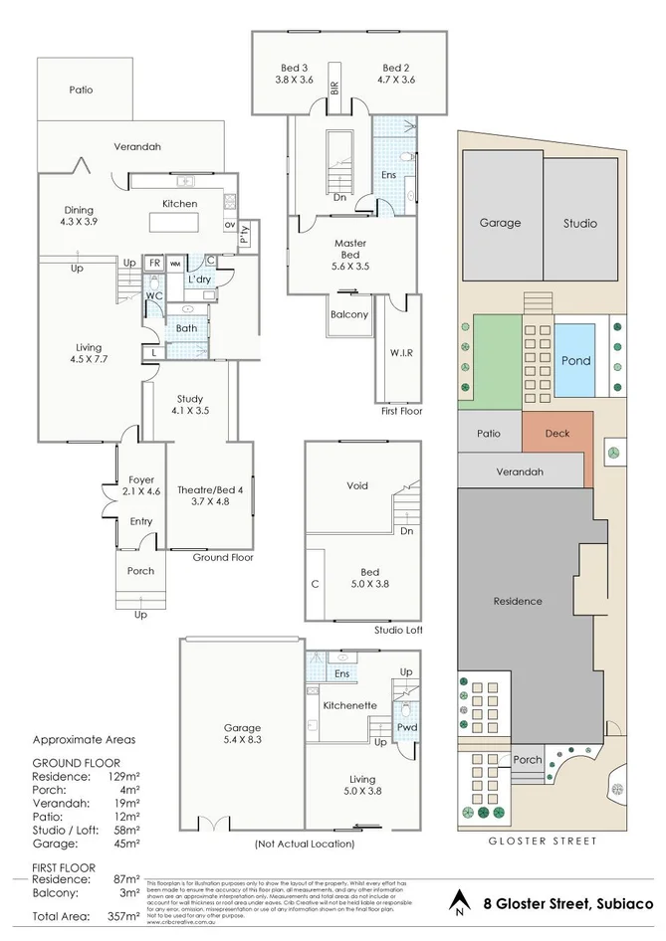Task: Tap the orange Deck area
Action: (556, 433)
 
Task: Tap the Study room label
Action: (188, 403)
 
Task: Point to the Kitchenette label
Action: (349, 705)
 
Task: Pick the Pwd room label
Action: (406, 726)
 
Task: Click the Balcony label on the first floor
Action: (348, 314)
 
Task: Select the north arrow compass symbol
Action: (459, 903)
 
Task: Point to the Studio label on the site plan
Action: (578, 223)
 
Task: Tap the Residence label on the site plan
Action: (518, 601)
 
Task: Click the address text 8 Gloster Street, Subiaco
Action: (568, 904)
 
